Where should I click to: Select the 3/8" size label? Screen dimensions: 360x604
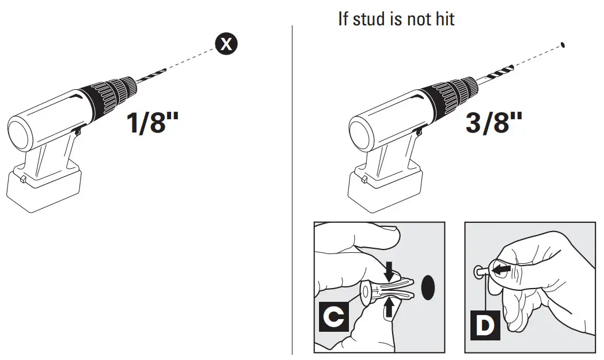(x=493, y=123)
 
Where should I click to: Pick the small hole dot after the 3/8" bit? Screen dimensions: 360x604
(x=562, y=44)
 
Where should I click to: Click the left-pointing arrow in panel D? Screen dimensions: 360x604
(x=500, y=268)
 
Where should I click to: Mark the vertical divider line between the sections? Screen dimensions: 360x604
(x=292, y=190)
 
